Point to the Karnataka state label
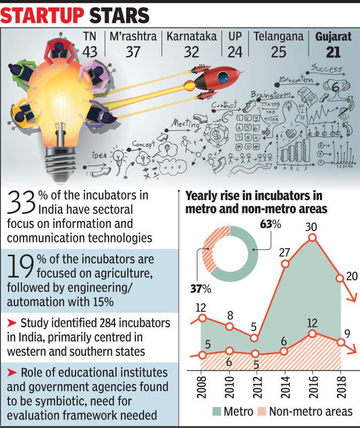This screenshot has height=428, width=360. tap(191, 37)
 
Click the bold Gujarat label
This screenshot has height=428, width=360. tap(333, 37)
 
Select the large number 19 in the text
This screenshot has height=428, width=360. tap(20, 266)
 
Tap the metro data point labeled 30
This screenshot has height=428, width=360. tap(313, 238)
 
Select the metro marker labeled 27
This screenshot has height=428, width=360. tap(285, 264)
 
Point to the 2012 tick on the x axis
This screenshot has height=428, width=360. tap(256, 386)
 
